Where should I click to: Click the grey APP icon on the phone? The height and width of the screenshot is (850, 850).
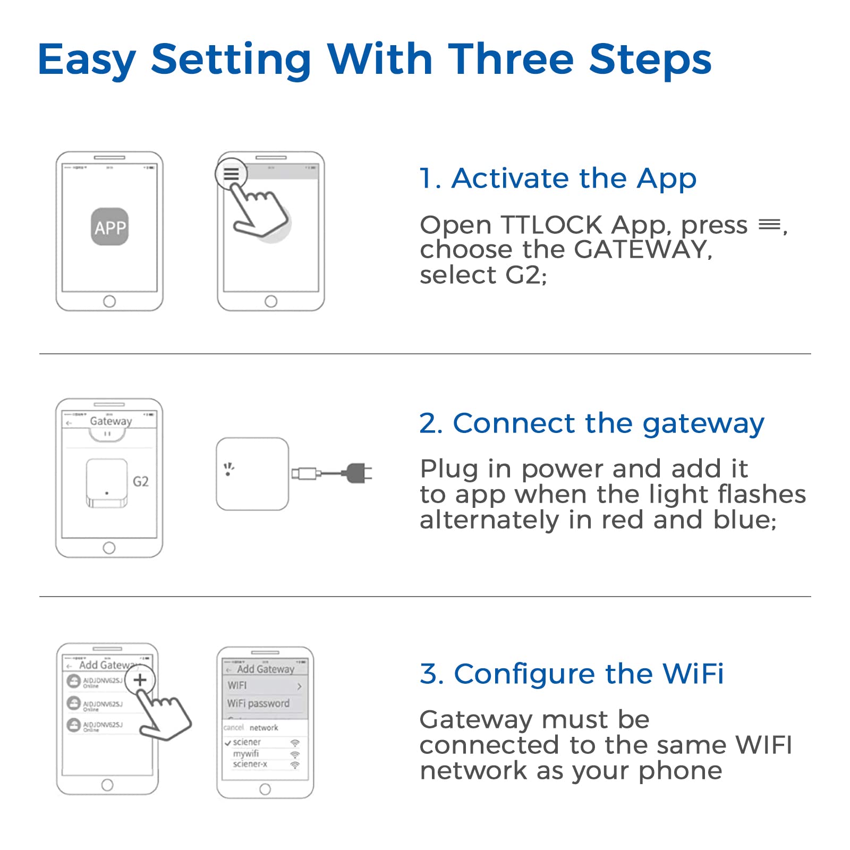point(109,227)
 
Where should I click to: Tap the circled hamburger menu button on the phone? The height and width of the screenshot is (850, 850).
point(231,174)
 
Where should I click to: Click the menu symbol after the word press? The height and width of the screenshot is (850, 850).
point(769,225)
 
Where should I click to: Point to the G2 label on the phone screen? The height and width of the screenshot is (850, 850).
point(140,481)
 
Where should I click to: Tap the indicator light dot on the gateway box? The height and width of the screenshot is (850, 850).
point(228,473)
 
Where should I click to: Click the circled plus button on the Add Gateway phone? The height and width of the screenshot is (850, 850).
point(140,680)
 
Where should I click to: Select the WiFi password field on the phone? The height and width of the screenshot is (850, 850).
point(258,703)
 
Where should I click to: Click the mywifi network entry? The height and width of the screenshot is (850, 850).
point(246,753)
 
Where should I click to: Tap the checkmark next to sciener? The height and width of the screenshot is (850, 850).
point(227,743)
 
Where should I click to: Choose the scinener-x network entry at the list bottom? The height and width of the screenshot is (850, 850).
point(250,764)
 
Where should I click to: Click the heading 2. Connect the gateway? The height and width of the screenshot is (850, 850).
point(591,424)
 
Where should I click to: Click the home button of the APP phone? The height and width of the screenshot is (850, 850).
point(109,301)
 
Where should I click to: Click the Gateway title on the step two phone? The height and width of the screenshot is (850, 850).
point(110,421)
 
